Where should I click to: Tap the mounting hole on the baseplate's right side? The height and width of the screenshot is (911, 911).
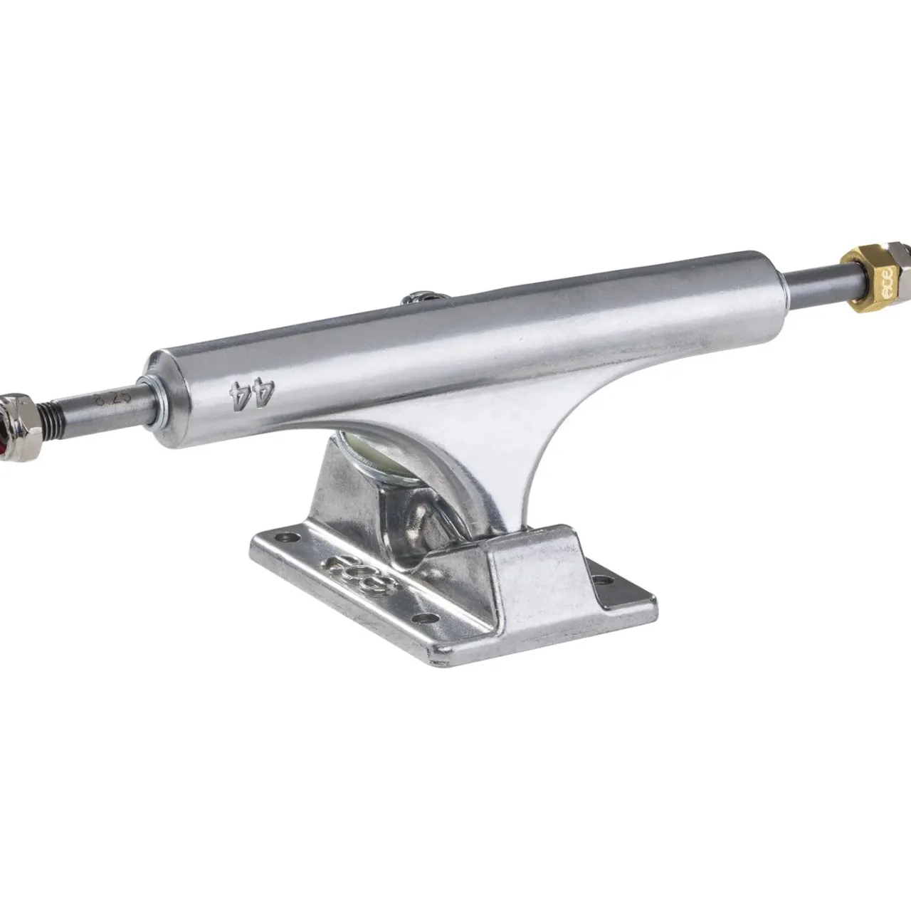[x=602, y=580]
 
